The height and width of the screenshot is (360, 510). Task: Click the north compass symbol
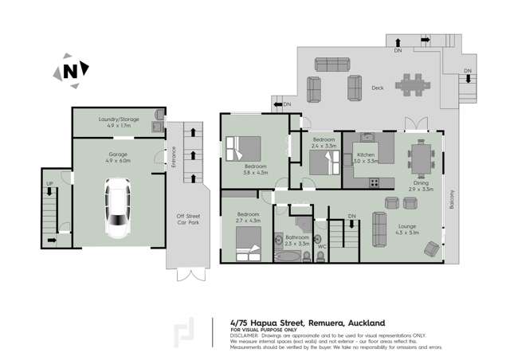[71, 70]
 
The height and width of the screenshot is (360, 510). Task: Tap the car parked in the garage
[118, 206]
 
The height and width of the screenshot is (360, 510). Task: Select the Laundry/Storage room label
[119, 119]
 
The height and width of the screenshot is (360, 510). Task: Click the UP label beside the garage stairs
[50, 182]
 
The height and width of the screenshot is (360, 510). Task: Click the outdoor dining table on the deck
[414, 83]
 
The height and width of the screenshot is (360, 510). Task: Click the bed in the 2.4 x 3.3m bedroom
[320, 164]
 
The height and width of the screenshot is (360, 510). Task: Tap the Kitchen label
[366, 155]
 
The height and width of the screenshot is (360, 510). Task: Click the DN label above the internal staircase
[351, 214]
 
